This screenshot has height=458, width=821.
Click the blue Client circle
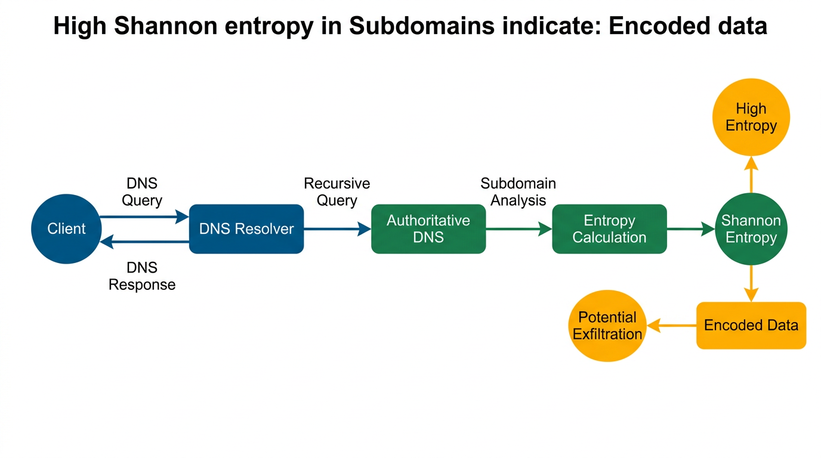click(x=66, y=229)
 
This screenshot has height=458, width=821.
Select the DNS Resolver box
click(x=246, y=229)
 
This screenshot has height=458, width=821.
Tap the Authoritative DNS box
click(x=428, y=229)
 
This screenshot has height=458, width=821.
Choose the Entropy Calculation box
click(x=609, y=229)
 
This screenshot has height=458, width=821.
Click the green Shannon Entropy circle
click(x=751, y=229)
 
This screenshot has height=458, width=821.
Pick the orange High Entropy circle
click(x=751, y=117)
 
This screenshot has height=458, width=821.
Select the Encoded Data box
click(x=751, y=326)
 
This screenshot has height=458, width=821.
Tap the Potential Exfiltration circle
click(x=607, y=326)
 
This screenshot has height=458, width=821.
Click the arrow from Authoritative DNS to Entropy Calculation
click(x=518, y=229)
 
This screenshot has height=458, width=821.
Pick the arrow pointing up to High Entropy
click(x=751, y=174)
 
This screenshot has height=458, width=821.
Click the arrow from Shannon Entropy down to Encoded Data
click(x=751, y=283)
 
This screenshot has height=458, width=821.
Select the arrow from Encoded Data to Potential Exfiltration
click(x=672, y=326)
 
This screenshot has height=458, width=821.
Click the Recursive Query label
click(x=337, y=192)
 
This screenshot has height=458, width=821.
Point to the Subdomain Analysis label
click(x=518, y=192)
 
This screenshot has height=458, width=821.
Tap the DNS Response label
click(x=142, y=277)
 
